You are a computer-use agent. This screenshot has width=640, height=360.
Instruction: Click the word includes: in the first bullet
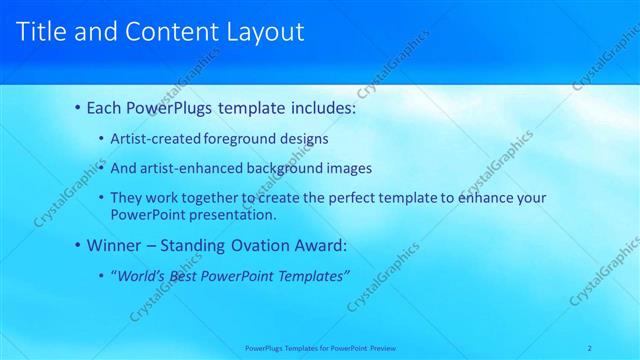click(320, 107)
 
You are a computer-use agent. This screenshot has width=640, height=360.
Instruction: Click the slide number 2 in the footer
click(590, 348)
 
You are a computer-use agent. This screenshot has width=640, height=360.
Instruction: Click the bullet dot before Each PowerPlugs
click(78, 107)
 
